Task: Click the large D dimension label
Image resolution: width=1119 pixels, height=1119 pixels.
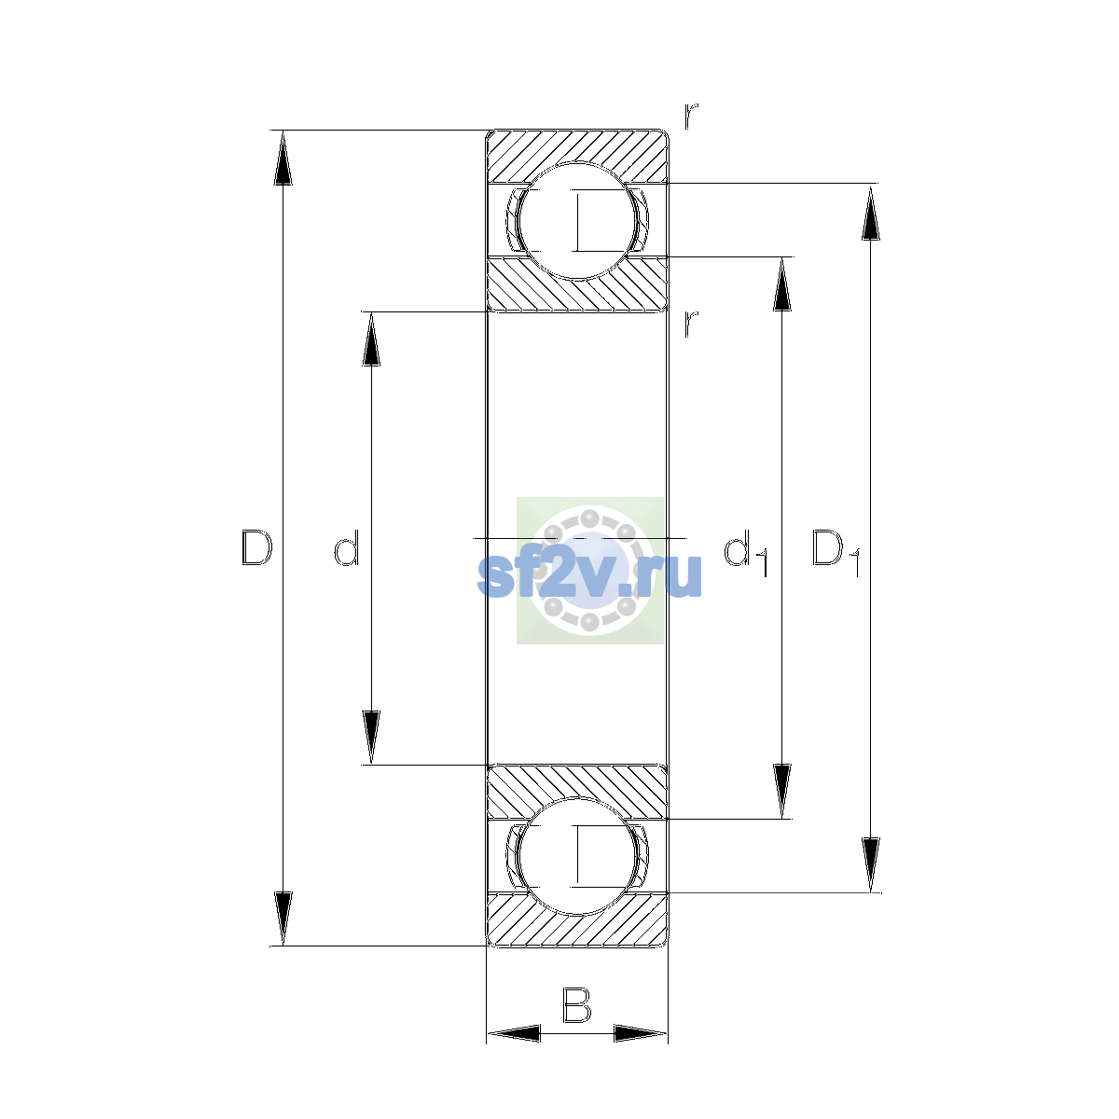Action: click(256, 547)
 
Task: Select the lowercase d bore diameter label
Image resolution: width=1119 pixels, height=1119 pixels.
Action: click(347, 547)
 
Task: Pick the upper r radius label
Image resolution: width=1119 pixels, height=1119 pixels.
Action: click(690, 117)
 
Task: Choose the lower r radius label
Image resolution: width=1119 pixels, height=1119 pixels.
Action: click(690, 324)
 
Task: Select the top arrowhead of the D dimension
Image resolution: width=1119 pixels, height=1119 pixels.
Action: click(283, 158)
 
